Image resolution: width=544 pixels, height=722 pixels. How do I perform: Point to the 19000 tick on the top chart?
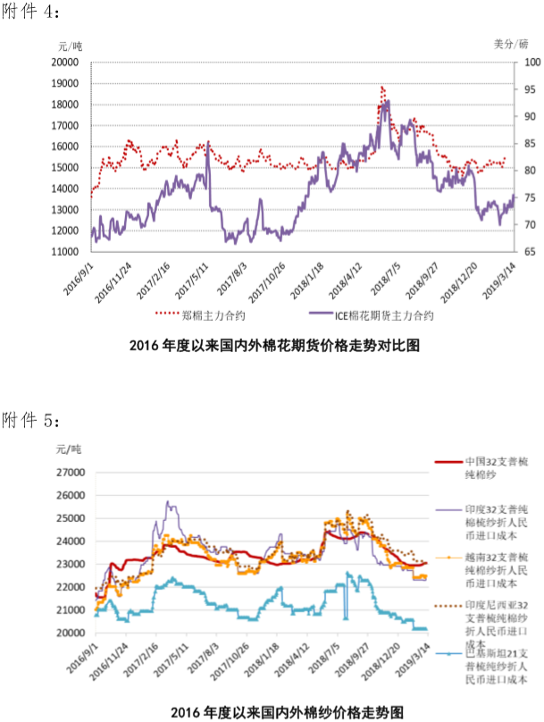pos(65,83)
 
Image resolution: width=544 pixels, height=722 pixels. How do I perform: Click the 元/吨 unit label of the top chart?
pos(70,46)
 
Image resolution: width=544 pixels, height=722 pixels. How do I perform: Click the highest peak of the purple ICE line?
pos(386,101)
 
